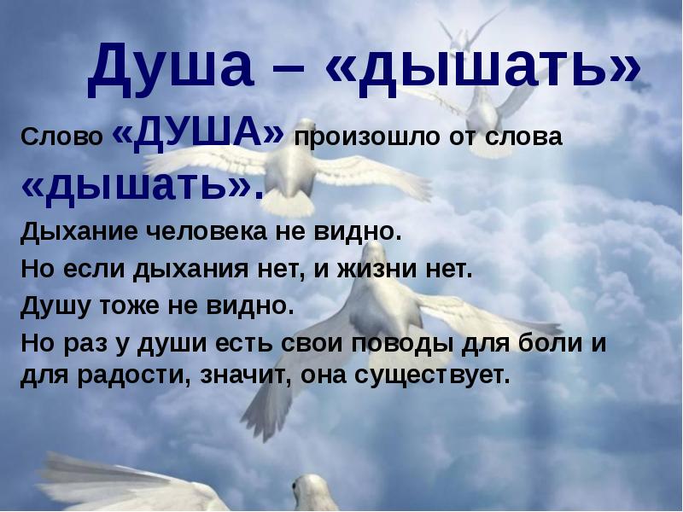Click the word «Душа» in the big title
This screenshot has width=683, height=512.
(170, 66)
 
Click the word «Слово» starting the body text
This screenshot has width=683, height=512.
(61, 137)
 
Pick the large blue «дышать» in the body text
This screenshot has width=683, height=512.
(142, 185)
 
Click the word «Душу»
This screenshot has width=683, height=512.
(55, 307)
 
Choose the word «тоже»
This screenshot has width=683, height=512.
(130, 306)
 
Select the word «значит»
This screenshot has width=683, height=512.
(247, 375)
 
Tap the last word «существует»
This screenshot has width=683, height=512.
(432, 376)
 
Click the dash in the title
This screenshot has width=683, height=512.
(289, 71)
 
